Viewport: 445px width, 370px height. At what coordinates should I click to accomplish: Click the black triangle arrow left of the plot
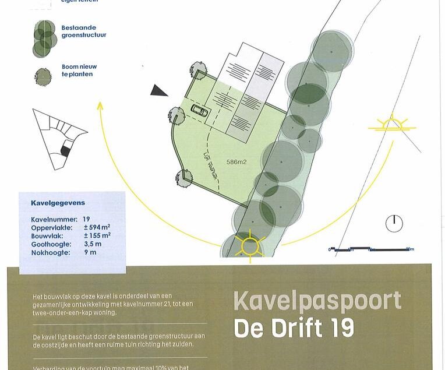(x=158, y=90)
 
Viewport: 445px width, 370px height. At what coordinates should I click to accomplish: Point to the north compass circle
(x=394, y=223)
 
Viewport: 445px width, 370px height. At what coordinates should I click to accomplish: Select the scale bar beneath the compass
(x=371, y=249)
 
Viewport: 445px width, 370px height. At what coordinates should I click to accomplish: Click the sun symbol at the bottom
(x=250, y=245)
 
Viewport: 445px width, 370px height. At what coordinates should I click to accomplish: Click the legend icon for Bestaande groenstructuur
(x=45, y=38)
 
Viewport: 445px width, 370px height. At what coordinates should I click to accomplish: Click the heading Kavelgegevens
(x=58, y=203)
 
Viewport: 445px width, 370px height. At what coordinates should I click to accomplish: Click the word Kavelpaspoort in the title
(x=317, y=302)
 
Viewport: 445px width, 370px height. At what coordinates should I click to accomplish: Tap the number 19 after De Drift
(x=340, y=328)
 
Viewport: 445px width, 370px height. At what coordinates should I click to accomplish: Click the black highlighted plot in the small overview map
(x=66, y=151)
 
